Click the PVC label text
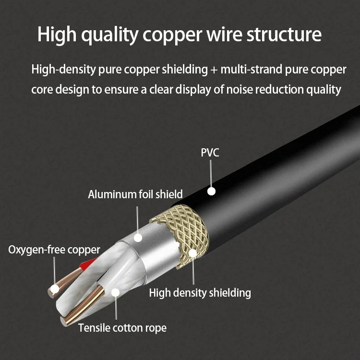pos(210,153)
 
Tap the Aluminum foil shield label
pos(135,194)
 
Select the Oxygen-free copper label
pos(54,250)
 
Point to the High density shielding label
pos(200,292)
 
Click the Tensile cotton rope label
pos(122,328)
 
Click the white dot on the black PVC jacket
pos(211,191)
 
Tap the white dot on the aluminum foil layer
pos(138,237)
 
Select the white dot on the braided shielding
pos(192,252)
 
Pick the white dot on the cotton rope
pos(115,292)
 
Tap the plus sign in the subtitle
pos(214,70)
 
